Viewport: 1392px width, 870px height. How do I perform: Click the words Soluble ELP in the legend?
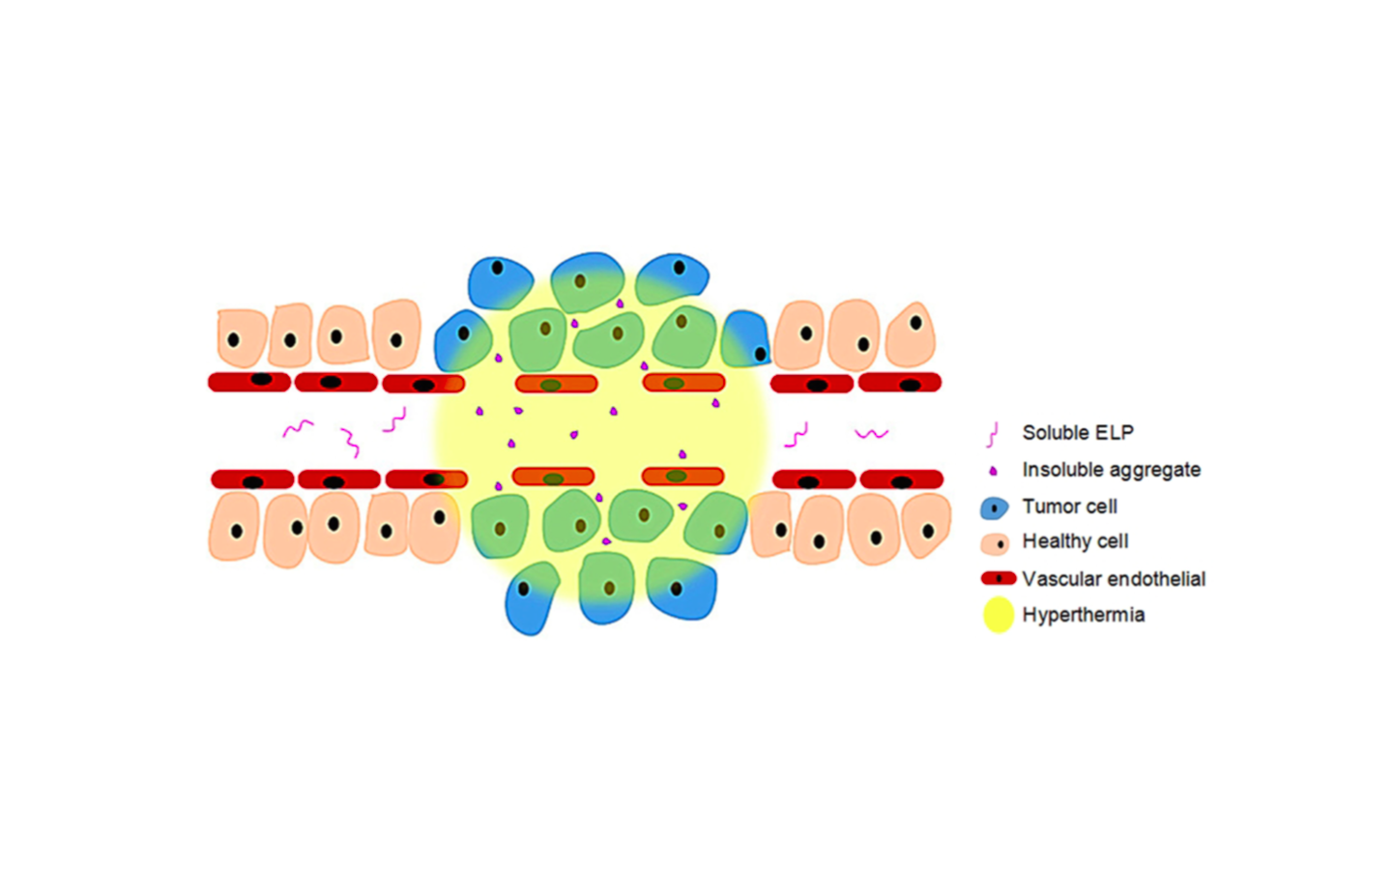click(1077, 433)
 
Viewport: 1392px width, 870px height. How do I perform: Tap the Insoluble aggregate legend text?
click(1111, 470)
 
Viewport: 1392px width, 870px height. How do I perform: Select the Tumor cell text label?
click(1069, 507)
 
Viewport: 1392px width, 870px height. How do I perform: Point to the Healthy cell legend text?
click(1075, 541)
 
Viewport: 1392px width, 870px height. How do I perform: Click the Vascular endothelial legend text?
click(1114, 579)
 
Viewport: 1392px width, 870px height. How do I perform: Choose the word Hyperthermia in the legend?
click(1083, 615)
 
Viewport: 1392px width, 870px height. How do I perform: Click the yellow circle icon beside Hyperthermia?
click(998, 615)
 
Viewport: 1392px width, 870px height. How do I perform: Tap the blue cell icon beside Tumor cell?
click(994, 507)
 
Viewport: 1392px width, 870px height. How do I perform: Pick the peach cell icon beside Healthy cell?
click(995, 543)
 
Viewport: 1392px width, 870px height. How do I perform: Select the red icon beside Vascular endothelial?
click(998, 579)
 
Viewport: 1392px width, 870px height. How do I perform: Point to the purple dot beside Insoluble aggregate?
click(993, 471)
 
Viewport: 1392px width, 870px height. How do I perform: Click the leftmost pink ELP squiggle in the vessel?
click(298, 427)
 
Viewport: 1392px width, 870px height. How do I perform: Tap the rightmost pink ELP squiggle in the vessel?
click(871, 433)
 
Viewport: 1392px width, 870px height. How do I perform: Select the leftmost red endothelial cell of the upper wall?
click(249, 381)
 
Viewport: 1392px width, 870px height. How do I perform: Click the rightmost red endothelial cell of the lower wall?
click(901, 479)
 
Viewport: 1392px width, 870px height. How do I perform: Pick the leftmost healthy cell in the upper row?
click(241, 338)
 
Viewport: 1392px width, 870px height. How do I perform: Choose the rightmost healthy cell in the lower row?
click(926, 527)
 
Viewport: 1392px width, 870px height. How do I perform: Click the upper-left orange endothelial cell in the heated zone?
click(556, 384)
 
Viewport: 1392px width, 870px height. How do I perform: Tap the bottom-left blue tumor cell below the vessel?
click(531, 595)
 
